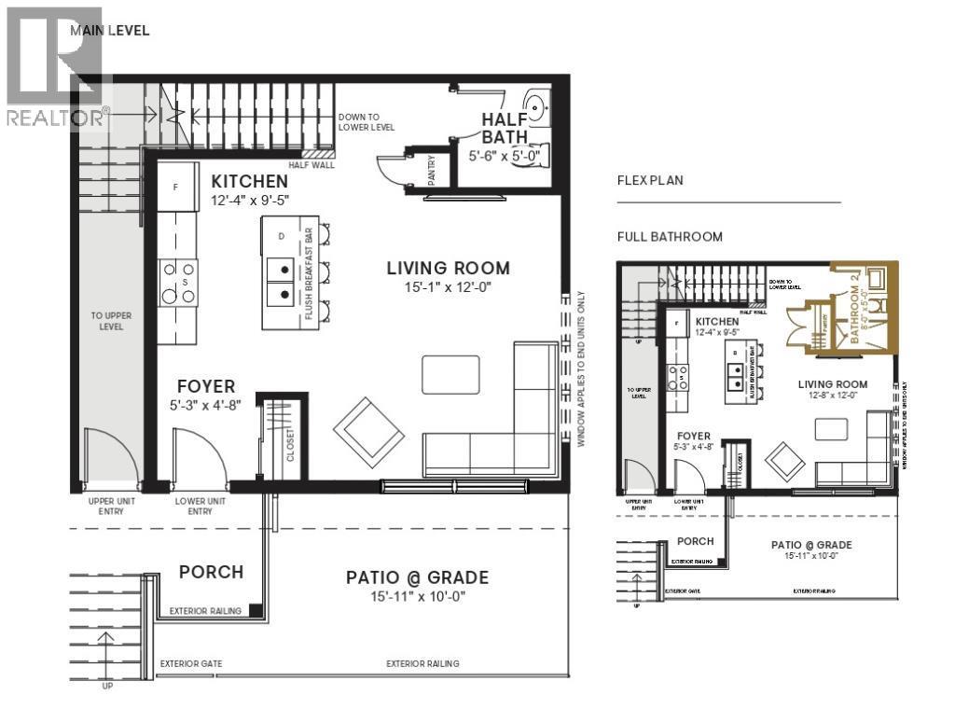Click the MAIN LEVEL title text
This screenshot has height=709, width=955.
pos(109,30)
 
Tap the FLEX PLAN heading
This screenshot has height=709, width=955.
pos(650,180)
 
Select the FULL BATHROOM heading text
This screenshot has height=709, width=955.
pos(670,237)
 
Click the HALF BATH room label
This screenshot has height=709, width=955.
pos(505,129)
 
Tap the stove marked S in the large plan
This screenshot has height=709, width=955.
pos(177,282)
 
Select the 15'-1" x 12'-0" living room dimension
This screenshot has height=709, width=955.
pos(449,287)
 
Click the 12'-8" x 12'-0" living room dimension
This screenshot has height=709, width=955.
pos(832,396)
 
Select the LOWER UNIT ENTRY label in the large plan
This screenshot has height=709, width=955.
pos(200,507)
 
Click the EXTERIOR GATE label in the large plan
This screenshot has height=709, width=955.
pos(190,664)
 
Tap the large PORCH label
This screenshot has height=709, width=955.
pos(211,572)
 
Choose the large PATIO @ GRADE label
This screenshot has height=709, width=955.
pos(417,577)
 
